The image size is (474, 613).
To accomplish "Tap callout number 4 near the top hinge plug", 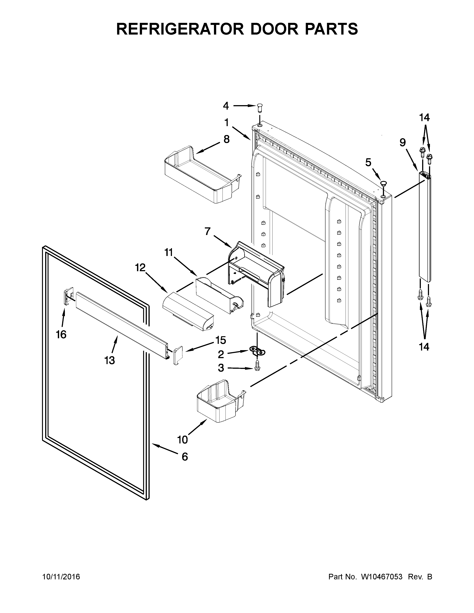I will tap(226, 106).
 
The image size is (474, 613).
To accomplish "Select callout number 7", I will tap(207, 232).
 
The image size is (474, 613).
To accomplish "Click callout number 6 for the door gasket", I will tap(185, 457).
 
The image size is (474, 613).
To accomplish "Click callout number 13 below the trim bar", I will tap(109, 360).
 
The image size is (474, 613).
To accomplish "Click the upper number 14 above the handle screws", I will tap(424, 118).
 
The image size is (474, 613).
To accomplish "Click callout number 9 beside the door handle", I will tap(403, 143).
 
